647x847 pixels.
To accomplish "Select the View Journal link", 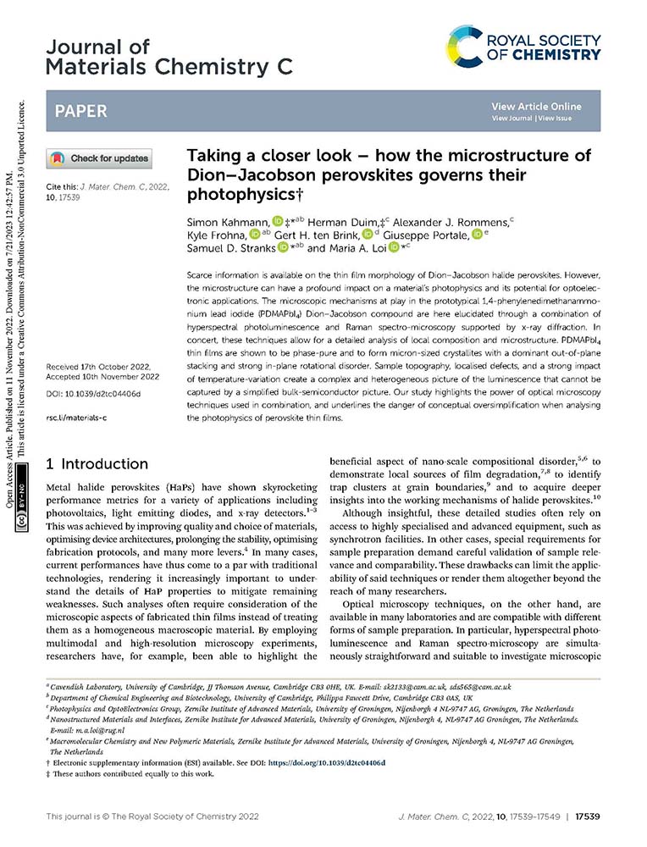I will coord(511,119).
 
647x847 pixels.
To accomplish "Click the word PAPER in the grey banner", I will coord(81,112).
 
